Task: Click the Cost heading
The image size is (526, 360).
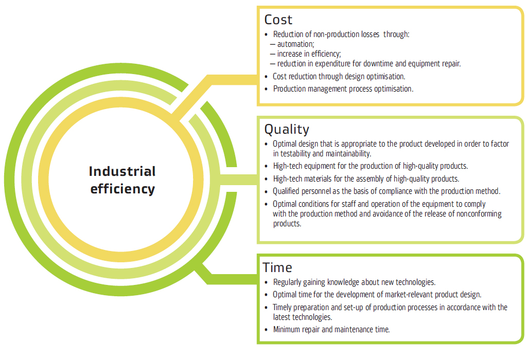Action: [x=278, y=20]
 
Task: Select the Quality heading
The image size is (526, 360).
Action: [x=287, y=129]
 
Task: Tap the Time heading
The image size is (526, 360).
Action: [x=277, y=267]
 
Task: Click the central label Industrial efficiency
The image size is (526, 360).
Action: [x=122, y=179]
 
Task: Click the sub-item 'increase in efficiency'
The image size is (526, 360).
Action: [x=309, y=54]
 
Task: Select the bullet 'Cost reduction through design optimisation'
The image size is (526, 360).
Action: [x=339, y=76]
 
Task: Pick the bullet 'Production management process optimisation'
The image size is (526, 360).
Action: [x=343, y=88]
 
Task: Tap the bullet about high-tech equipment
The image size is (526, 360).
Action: [x=370, y=166]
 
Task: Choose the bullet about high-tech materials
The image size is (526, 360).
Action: [x=365, y=178]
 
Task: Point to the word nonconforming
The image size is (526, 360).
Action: [x=478, y=213]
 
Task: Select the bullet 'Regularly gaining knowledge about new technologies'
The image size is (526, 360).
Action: [x=354, y=282]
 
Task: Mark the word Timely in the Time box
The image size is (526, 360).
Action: [x=284, y=307]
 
